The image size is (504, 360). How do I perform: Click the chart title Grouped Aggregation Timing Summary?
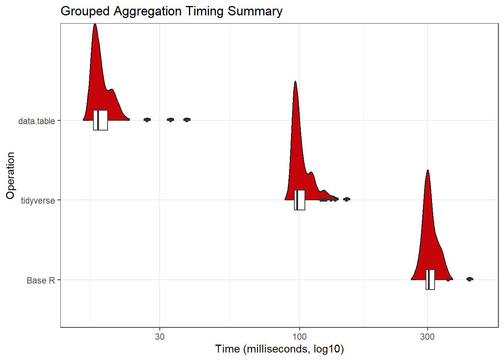coord(171,11)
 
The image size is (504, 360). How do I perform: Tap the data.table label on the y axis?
coord(37,121)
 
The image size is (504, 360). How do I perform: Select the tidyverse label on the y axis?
coord(38,201)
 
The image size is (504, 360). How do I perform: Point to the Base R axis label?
coord(41,280)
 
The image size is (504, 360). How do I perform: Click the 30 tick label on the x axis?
coord(160,337)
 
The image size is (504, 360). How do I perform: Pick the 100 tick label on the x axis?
coord(299,337)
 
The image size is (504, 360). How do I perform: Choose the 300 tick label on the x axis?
coord(427,337)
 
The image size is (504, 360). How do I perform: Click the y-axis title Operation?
coord(10,175)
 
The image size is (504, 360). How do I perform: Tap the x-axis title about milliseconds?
coord(279,349)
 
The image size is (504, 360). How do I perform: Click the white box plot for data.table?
coord(100,120)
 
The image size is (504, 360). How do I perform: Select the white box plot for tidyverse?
coord(300,200)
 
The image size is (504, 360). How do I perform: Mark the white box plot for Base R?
coord(430,280)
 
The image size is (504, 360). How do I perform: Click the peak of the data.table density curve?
coord(95,25)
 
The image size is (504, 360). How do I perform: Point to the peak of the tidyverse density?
coord(295,82)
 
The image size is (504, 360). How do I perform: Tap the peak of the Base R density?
coord(427,171)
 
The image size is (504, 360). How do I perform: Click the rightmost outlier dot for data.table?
coord(187,120)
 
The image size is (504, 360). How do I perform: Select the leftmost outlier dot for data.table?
coord(147,120)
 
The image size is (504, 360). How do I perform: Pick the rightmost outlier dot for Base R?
coord(469,279)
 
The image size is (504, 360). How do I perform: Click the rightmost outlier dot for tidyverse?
coord(347,199)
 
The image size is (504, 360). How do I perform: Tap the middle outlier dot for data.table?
coord(170,120)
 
